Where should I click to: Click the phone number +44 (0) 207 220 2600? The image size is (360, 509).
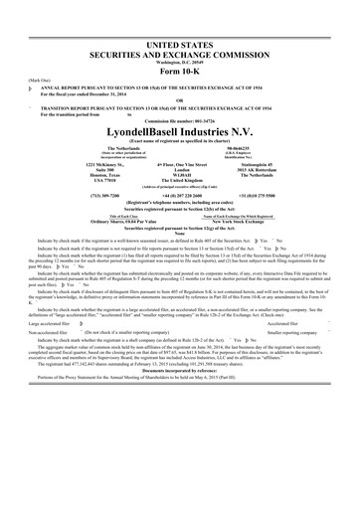180,196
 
